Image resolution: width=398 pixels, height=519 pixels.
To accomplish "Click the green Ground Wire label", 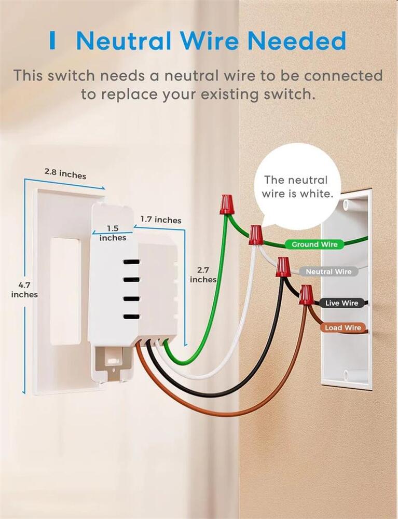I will pyautogui.click(x=314, y=244).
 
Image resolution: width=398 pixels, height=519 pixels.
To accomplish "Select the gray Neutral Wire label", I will pyautogui.click(x=328, y=271).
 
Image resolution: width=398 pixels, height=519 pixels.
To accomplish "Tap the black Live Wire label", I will pyautogui.click(x=341, y=303).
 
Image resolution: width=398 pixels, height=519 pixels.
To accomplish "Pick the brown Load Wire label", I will pyautogui.click(x=342, y=327).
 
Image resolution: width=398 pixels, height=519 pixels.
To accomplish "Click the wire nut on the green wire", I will pyautogui.click(x=226, y=204).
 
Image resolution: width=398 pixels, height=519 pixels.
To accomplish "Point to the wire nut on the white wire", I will pyautogui.click(x=255, y=235).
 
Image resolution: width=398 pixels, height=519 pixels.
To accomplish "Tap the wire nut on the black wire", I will pyautogui.click(x=282, y=266).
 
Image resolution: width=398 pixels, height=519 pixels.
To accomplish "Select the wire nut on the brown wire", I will pyautogui.click(x=306, y=294).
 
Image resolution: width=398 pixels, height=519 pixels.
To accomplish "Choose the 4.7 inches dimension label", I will pyautogui.click(x=24, y=290).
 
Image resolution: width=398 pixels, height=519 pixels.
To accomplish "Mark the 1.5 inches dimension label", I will pyautogui.click(x=113, y=233).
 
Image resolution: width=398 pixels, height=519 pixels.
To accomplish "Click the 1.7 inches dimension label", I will pyautogui.click(x=160, y=220).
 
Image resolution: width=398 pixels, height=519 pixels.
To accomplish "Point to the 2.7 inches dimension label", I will pyautogui.click(x=203, y=275).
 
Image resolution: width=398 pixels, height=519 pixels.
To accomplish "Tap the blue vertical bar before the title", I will pyautogui.click(x=52, y=40).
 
